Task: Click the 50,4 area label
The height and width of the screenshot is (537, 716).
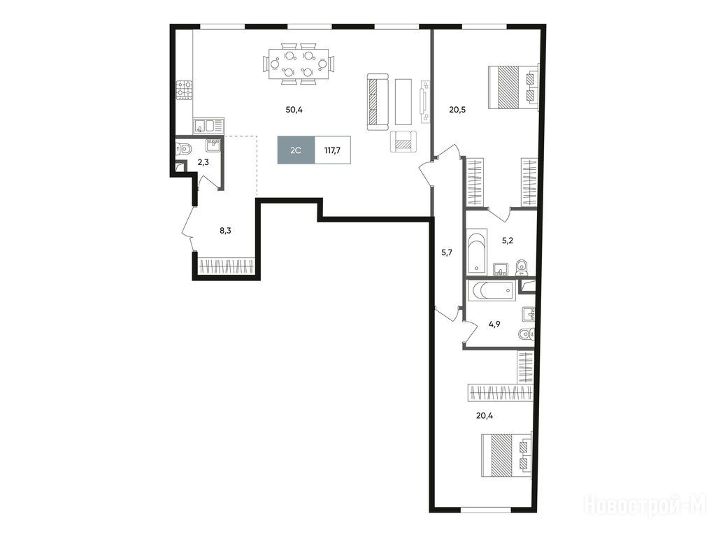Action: pyautogui.click(x=294, y=110)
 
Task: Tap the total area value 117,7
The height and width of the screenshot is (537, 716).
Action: pyautogui.click(x=332, y=150)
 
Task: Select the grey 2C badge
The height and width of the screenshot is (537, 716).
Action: pyautogui.click(x=296, y=150)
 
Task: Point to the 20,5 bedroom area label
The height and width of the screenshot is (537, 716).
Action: pyautogui.click(x=457, y=110)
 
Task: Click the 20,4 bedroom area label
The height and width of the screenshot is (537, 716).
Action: pyautogui.click(x=485, y=416)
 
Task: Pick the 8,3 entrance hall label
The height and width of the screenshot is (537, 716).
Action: pyautogui.click(x=225, y=231)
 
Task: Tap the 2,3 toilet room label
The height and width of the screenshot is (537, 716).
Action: pyautogui.click(x=203, y=162)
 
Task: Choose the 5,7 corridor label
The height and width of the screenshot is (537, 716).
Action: pyautogui.click(x=446, y=252)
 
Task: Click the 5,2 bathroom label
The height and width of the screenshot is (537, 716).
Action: pyautogui.click(x=508, y=241)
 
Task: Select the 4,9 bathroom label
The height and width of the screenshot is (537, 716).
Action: pyautogui.click(x=494, y=324)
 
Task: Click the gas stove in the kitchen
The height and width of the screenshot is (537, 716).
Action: pyautogui.click(x=185, y=90)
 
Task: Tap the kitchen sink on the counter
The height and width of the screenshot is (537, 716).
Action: pyautogui.click(x=208, y=126)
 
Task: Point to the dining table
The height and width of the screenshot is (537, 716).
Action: pyautogui.click(x=299, y=64)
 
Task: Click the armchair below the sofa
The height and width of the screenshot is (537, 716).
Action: pyautogui.click(x=403, y=141)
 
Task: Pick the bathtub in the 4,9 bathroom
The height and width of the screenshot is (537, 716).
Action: pyautogui.click(x=492, y=290)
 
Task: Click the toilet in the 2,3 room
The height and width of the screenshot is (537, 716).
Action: pyautogui.click(x=184, y=148)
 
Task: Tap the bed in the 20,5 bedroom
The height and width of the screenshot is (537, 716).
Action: pyautogui.click(x=513, y=87)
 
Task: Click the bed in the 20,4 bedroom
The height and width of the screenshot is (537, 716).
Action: pyautogui.click(x=507, y=455)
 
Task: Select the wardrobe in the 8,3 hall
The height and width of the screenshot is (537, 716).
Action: pyautogui.click(x=227, y=266)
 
